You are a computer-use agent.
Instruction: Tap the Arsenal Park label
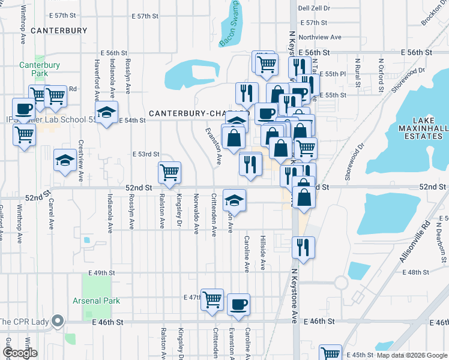pos(96,301)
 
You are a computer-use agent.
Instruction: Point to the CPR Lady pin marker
pos(58,321)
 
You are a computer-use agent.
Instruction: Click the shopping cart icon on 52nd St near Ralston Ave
pos(170,173)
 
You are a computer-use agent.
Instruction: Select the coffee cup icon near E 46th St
pos(238,304)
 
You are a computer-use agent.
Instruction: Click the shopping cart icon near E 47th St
pos(212,299)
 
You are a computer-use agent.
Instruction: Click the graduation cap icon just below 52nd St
pos(235,200)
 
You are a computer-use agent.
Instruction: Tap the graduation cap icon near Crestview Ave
pos(65,161)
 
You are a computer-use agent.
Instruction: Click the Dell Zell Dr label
pos(315,8)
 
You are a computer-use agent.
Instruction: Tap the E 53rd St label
pos(146,154)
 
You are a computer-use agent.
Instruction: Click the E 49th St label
pos(101,272)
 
